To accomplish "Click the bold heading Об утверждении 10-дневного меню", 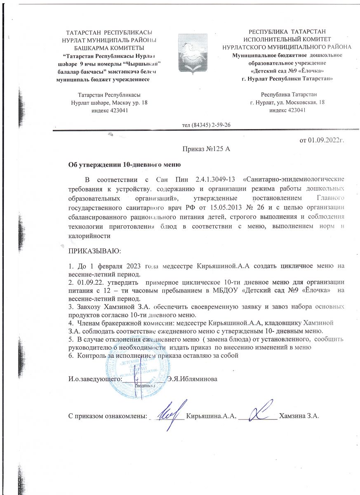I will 125,165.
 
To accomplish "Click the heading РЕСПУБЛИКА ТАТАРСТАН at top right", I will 287,31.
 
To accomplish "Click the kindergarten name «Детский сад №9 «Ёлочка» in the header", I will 287,71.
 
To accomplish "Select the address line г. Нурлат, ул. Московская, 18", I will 287,103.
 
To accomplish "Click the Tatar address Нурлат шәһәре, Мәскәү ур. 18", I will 106,103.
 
